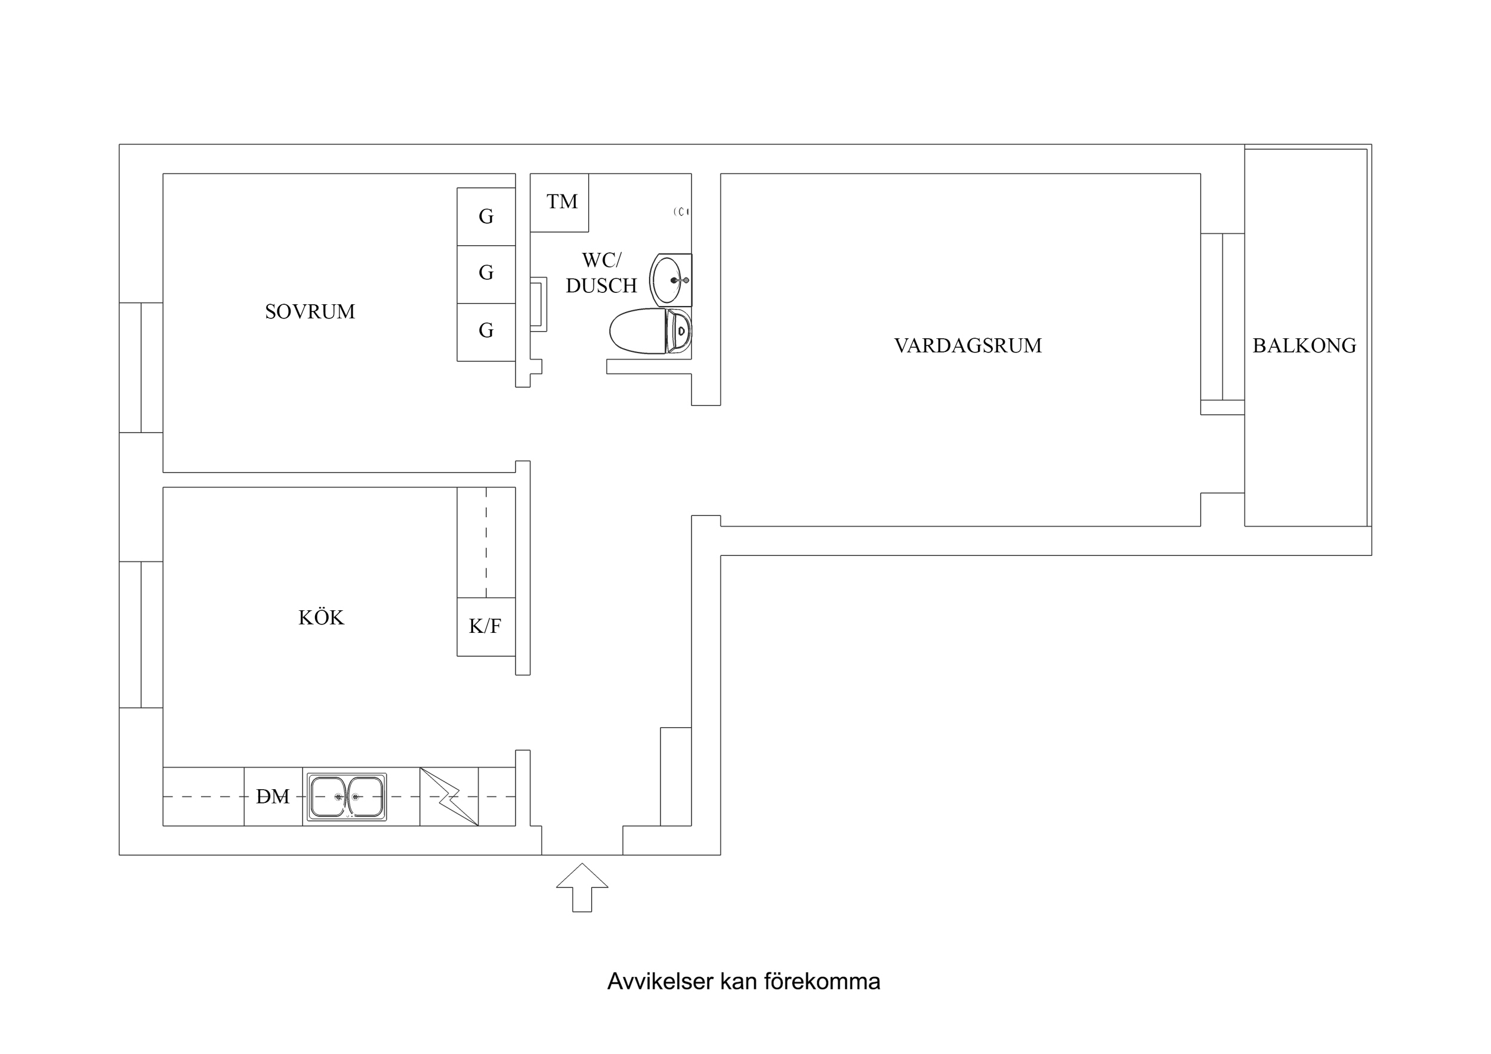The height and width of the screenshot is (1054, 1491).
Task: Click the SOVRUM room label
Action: click(310, 312)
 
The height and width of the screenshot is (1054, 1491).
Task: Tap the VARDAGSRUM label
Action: click(968, 345)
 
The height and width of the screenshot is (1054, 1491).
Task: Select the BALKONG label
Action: click(1304, 345)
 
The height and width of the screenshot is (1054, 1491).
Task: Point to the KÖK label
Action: click(321, 617)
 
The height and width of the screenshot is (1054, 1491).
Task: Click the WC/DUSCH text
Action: click(601, 273)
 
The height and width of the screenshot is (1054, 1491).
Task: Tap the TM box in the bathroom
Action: click(560, 202)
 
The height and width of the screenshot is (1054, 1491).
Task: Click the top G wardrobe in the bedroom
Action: click(486, 217)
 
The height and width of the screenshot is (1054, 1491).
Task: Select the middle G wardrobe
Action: click(486, 273)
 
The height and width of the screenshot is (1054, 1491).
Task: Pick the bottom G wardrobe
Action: click(486, 330)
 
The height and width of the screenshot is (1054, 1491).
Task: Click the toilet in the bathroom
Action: click(649, 331)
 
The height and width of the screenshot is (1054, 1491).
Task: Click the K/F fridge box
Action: click(485, 626)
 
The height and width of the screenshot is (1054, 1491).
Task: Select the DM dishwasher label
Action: click(273, 796)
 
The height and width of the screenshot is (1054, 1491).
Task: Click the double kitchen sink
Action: click(346, 796)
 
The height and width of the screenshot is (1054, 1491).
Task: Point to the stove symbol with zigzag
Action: click(449, 796)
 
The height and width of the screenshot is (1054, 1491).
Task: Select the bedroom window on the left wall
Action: click(141, 367)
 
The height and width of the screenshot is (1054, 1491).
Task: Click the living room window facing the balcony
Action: click(1222, 316)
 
